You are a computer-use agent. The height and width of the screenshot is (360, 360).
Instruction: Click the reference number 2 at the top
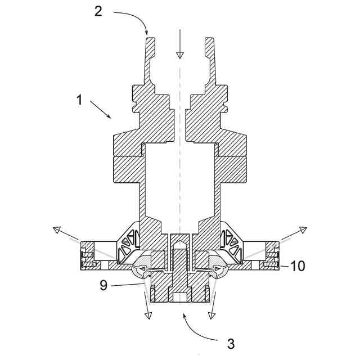98,12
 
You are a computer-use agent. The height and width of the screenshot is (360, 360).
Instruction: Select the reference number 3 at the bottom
230,343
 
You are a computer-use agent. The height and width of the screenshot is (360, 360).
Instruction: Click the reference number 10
298,266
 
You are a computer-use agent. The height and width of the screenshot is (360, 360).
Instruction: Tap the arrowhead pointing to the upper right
302,229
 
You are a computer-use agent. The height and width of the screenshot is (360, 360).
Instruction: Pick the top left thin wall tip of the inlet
150,40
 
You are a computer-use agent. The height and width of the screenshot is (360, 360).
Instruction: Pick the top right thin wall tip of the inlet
209,40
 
